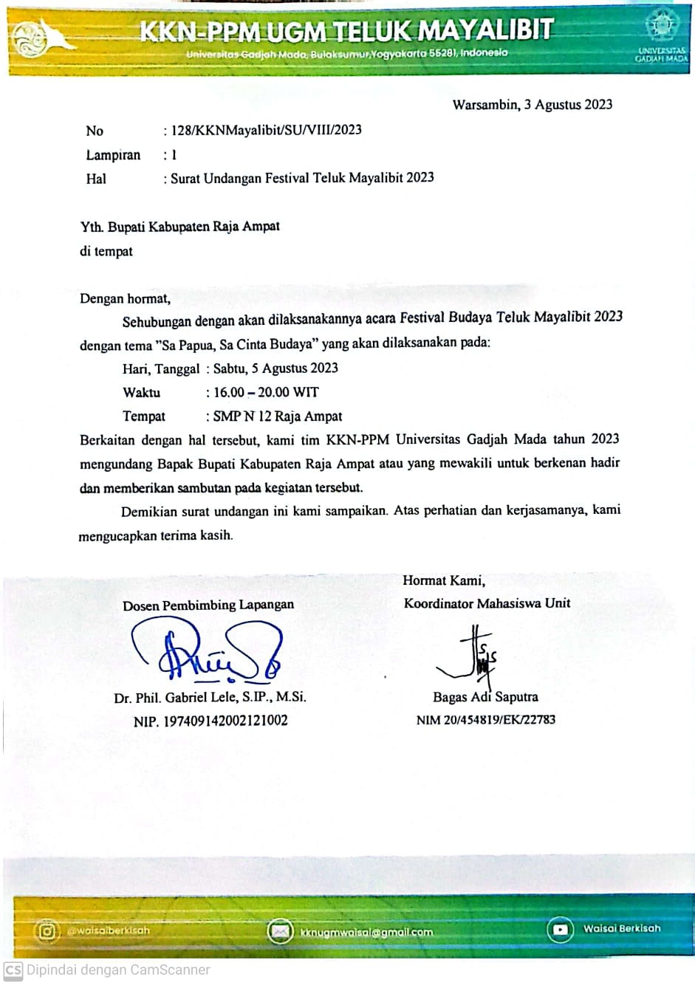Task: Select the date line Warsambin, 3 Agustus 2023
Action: tap(533, 105)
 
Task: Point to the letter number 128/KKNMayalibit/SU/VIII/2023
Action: tap(267, 131)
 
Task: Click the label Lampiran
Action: tap(113, 155)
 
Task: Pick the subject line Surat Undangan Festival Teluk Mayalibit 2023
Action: tap(302, 178)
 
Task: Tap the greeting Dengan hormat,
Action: tap(125, 299)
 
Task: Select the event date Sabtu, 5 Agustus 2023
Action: tap(275, 368)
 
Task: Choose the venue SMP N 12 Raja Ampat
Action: tap(278, 416)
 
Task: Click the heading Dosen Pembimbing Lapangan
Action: tap(208, 605)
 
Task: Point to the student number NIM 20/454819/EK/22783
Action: tap(486, 720)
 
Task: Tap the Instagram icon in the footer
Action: tap(47, 931)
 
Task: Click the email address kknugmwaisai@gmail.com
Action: tap(366, 933)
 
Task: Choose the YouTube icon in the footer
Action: tap(560, 930)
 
